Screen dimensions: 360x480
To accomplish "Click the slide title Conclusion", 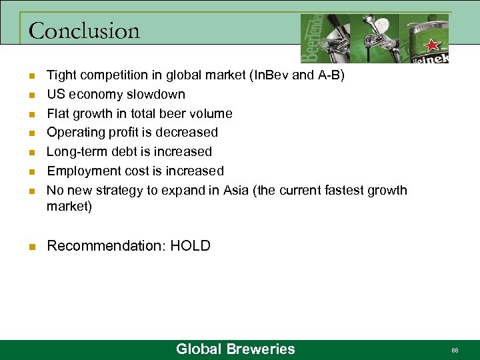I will point(85,31).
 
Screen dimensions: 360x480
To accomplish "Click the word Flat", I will point(58,113).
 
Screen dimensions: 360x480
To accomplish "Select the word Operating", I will point(75,132).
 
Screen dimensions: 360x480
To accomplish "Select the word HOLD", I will point(190,246).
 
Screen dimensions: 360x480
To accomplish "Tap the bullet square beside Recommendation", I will point(31,247).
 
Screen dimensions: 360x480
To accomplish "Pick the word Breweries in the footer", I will point(261,349).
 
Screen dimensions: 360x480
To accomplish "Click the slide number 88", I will point(455,350).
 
